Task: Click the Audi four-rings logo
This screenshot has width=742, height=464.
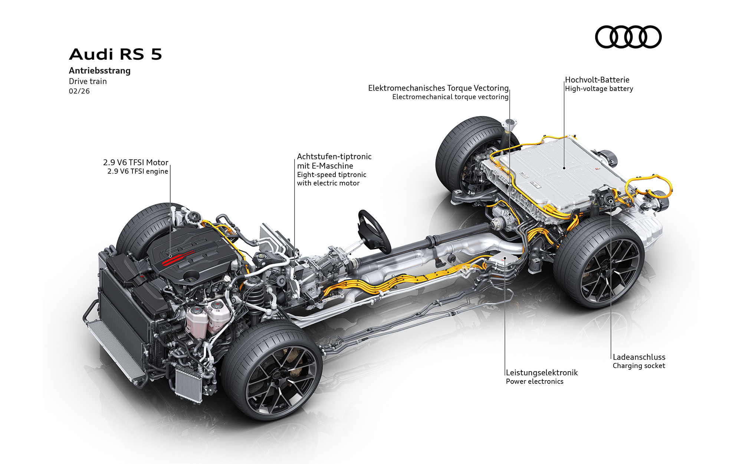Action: [x=628, y=37]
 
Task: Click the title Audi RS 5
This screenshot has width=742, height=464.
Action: [x=115, y=55]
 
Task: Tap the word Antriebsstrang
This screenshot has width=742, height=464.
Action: [x=99, y=71]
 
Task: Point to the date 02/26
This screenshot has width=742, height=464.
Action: [x=79, y=91]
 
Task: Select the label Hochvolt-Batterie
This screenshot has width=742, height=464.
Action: [x=597, y=80]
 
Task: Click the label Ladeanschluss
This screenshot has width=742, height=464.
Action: [x=639, y=357]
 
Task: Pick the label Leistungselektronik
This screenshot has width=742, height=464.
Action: [x=542, y=373]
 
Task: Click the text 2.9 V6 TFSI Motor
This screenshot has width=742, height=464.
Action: [x=135, y=163]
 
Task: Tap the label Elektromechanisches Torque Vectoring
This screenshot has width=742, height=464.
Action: [x=438, y=88]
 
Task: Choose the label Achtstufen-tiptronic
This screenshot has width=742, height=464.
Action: [x=334, y=157]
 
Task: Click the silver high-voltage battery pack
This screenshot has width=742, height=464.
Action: [x=560, y=174]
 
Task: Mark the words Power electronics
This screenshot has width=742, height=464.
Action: [x=534, y=382]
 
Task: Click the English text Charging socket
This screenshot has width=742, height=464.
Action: [x=639, y=366]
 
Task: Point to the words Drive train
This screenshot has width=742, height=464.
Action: [x=88, y=81]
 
